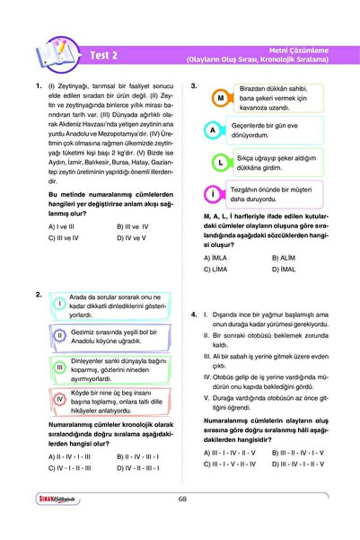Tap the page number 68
[x=182, y=525]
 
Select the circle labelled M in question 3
[x=220, y=97]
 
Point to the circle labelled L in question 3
[x=220, y=163]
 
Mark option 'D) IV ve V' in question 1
[x=134, y=238]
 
